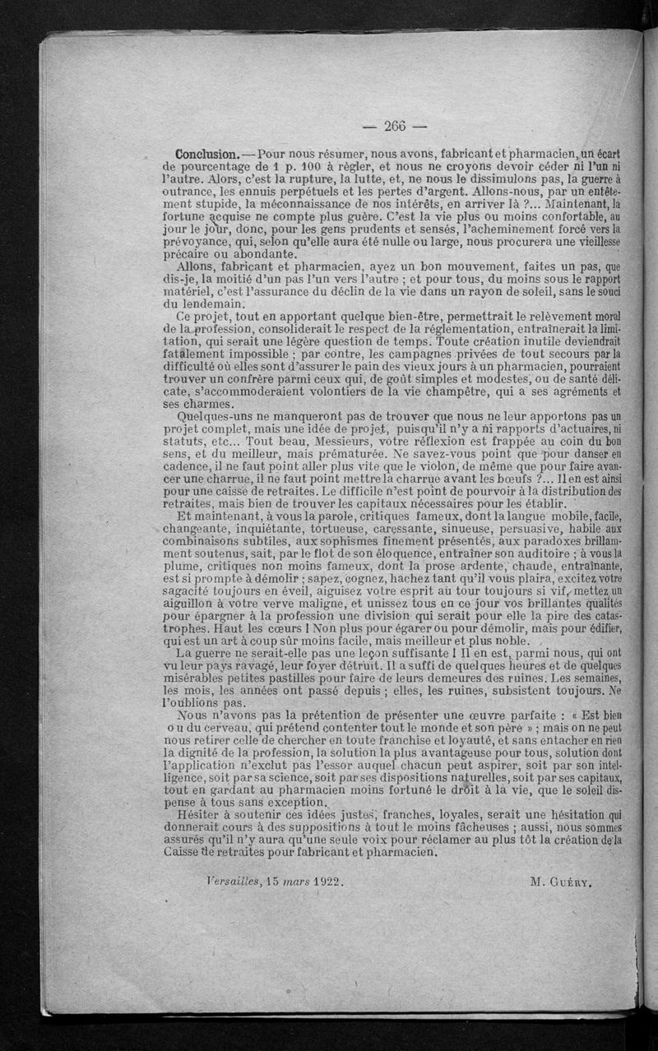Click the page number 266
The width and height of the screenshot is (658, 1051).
[x=395, y=126]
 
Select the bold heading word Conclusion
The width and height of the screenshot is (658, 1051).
[x=207, y=155]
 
